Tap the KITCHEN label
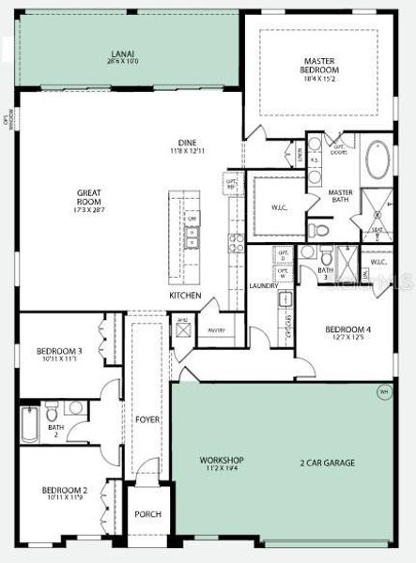point(185,296)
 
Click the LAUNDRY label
point(262,285)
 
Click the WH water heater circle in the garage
point(383,392)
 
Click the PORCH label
point(147,514)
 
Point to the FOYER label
point(147,419)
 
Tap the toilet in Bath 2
point(75,409)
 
